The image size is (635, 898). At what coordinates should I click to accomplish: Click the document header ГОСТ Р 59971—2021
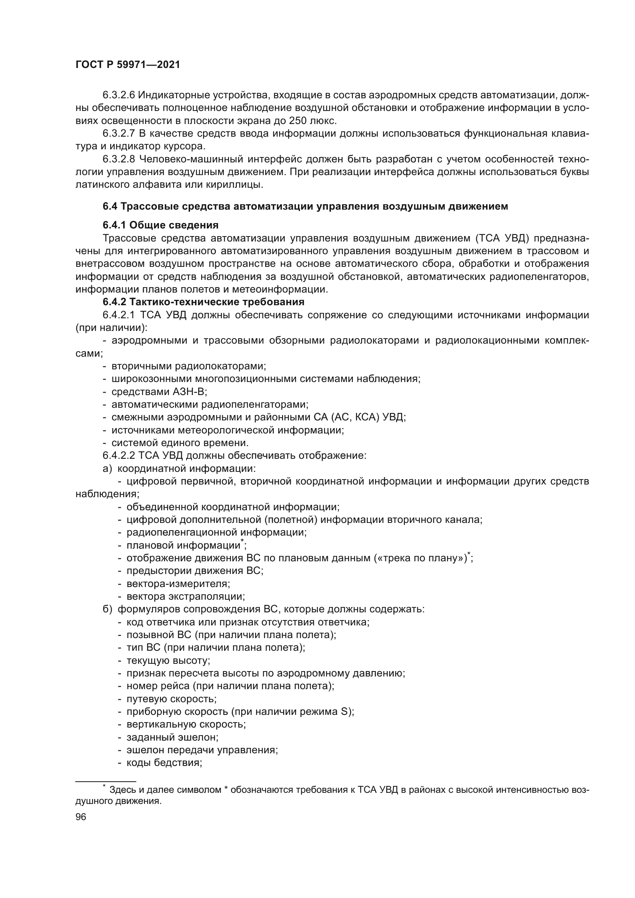(127, 65)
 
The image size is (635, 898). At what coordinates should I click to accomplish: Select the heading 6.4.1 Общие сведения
(160, 225)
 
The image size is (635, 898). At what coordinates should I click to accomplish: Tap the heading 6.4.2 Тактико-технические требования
(203, 302)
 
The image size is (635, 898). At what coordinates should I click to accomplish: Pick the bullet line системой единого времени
(180, 443)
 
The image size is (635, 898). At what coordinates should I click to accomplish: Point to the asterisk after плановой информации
(242, 541)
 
